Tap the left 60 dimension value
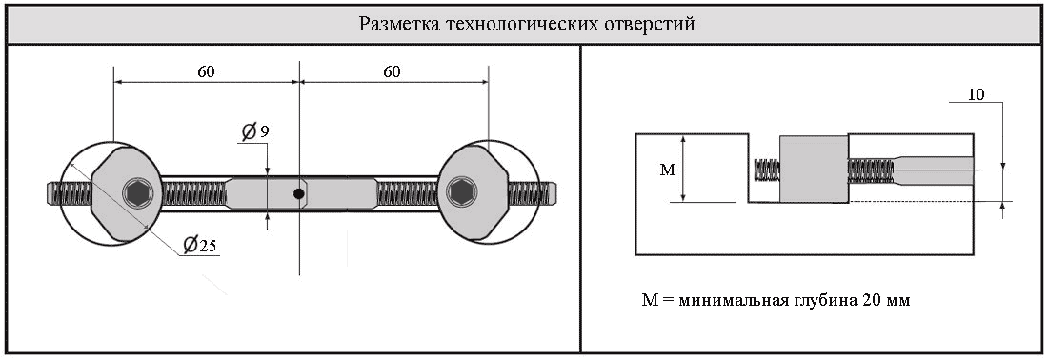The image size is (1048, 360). point(206,71)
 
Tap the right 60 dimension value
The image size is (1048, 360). point(392,71)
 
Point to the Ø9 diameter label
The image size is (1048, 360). point(254,132)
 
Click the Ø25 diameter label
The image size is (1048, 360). point(199,245)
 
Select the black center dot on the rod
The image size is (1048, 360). point(299,193)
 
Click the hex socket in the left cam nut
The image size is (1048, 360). point(138,193)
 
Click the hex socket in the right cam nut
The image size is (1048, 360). point(460,193)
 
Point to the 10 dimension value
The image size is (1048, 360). point(976,95)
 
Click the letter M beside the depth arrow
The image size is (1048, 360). point(667,170)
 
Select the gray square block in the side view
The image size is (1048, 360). point(814,170)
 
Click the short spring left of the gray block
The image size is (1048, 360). point(767,170)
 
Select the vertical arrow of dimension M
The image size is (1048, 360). point(683,169)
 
